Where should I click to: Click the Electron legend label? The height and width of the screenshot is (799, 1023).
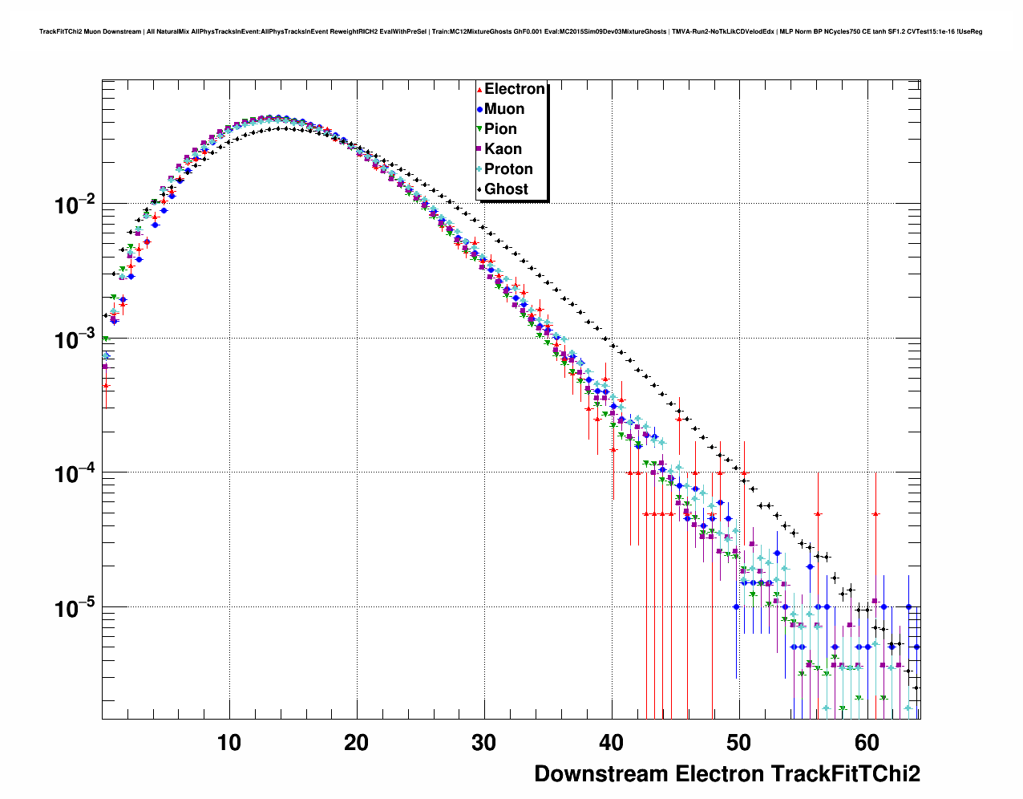tap(515, 89)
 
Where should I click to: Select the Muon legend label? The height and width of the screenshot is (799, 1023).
tap(504, 109)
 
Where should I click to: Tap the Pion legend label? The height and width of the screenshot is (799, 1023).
tap(500, 129)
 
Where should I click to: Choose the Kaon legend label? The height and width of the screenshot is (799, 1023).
tap(503, 149)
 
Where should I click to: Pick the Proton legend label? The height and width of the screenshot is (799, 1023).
tap(508, 169)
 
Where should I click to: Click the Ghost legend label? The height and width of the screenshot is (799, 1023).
tap(506, 189)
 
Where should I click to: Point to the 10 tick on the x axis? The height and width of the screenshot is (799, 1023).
tap(229, 743)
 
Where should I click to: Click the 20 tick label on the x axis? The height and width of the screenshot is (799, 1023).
tap(356, 743)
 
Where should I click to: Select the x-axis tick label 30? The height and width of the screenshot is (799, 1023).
tap(483, 743)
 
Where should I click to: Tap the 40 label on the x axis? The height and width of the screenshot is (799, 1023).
tap(611, 743)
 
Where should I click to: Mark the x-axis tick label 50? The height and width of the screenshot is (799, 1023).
tap(738, 743)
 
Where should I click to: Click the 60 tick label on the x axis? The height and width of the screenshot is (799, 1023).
tap(866, 743)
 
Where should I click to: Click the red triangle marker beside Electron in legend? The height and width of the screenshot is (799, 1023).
tap(479, 90)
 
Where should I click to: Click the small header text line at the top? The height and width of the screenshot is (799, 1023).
tap(511, 32)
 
